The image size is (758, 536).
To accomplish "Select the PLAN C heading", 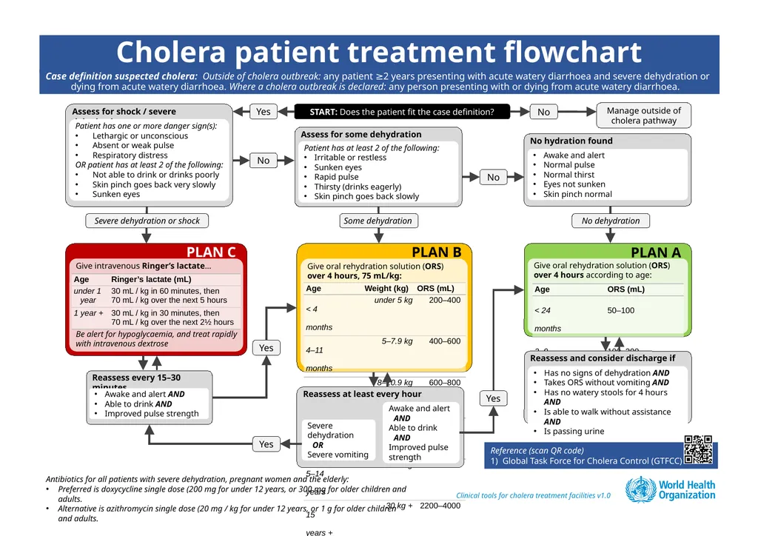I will click(211, 252).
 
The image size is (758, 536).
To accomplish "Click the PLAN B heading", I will click(436, 252).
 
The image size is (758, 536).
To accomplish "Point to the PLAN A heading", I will click(655, 252).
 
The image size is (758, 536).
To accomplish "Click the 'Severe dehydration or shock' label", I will click(147, 221).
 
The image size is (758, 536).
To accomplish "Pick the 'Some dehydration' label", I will click(378, 221).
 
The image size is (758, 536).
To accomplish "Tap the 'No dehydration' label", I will click(611, 221).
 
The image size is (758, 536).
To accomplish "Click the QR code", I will click(699, 450).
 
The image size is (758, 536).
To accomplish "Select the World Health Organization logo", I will click(671, 490).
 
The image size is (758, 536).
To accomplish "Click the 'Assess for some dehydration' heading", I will click(360, 135).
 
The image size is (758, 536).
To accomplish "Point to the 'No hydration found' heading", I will click(571, 141).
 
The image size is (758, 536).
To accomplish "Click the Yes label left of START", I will click(264, 112).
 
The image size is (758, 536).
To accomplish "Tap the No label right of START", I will click(543, 112).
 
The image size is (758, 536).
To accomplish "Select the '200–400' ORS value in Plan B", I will click(444, 301).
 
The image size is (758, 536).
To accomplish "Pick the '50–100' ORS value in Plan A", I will click(620, 310).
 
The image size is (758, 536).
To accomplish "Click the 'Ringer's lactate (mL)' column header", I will click(151, 279).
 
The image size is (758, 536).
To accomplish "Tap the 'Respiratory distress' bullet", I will click(130, 155).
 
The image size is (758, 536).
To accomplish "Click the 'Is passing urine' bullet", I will click(574, 431).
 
